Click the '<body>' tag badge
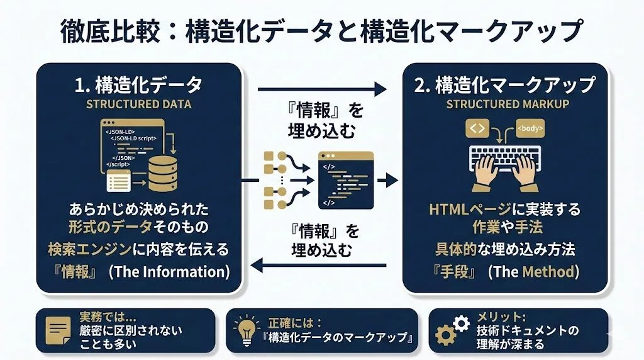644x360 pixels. [530, 128]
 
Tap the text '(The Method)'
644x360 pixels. [533, 272]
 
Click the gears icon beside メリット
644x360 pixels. [452, 331]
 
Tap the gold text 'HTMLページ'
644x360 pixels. [467, 209]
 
